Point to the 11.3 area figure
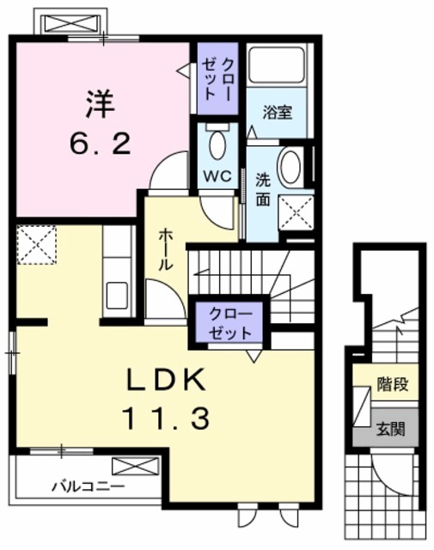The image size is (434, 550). (x=165, y=419)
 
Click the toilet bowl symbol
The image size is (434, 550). (x=217, y=142)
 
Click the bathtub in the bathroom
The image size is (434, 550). (x=277, y=64)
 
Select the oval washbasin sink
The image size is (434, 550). (x=290, y=165)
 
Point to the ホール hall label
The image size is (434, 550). (x=165, y=249)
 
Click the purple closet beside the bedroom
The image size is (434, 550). (x=217, y=78)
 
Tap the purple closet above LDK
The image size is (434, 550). (x=229, y=322)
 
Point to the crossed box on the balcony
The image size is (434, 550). (x=136, y=467)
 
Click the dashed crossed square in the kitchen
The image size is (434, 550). (x=36, y=243)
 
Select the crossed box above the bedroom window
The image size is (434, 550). (x=70, y=21)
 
